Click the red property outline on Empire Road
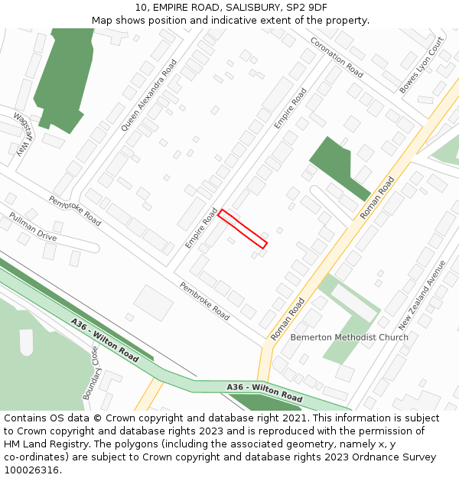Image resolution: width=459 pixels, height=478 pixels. click(243, 229)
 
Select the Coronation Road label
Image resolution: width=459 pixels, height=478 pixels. click(337, 57)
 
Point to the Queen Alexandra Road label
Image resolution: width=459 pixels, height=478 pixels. click(148, 95)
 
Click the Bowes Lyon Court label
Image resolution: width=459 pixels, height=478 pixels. click(422, 66)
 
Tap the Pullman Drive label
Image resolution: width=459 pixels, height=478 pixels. click(33, 226)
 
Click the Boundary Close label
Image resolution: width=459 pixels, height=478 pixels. click(90, 372)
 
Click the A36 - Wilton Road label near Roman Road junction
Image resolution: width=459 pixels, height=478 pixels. click(264, 392)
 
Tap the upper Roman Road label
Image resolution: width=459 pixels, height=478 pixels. click(377, 198)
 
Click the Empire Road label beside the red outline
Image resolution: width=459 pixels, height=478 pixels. click(201, 227)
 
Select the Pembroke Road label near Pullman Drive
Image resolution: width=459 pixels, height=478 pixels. click(75, 210)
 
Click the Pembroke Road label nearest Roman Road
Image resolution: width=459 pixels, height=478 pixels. click(204, 301)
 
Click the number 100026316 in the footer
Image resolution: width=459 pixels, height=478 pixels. click(31, 470)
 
